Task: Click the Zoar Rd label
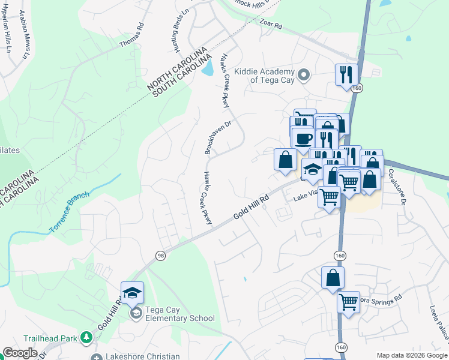(x=271, y=25)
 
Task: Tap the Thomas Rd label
(x=132, y=36)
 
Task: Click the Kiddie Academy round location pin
(x=304, y=76)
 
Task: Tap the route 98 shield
(x=160, y=256)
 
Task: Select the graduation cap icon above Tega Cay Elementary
(x=132, y=293)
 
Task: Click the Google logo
(x=20, y=353)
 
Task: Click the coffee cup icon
(x=303, y=138)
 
